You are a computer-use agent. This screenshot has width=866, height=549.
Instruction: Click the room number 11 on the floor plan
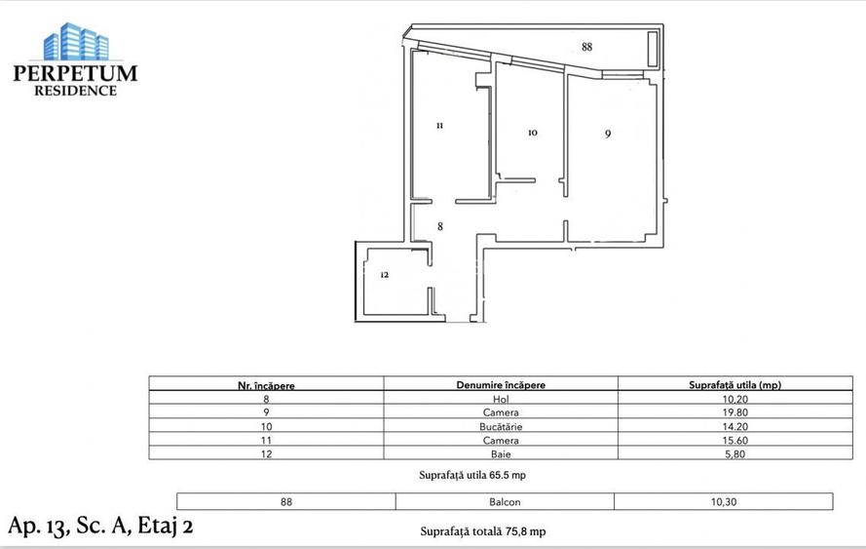(x=440, y=126)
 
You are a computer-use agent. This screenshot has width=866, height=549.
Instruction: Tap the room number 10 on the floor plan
(x=532, y=133)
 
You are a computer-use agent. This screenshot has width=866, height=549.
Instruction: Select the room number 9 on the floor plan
(x=607, y=135)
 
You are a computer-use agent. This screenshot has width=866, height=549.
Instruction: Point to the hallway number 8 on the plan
(x=440, y=226)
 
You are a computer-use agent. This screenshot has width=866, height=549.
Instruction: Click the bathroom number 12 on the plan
(x=384, y=275)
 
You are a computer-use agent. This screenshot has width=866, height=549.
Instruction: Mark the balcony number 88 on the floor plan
(x=586, y=47)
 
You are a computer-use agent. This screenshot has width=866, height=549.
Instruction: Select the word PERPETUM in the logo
(x=75, y=73)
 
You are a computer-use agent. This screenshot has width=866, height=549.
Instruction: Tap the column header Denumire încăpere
(x=501, y=384)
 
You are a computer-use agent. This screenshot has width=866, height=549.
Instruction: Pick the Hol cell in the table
(x=501, y=399)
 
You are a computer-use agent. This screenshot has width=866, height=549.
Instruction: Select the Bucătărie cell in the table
(x=501, y=426)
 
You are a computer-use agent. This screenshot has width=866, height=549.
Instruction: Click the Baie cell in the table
(x=501, y=453)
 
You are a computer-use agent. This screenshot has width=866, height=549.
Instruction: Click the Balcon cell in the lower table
(x=504, y=502)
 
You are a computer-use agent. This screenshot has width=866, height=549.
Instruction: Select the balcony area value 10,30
(x=723, y=502)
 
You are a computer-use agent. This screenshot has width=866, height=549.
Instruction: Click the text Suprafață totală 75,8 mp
(x=482, y=531)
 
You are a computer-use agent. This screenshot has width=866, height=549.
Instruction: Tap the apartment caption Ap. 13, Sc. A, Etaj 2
(x=100, y=526)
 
